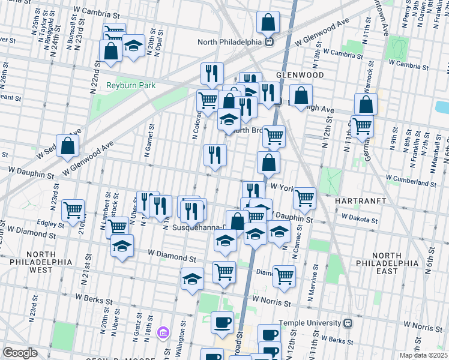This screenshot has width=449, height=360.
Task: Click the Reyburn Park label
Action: point(131,85)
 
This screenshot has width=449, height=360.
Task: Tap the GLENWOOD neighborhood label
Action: point(300,75)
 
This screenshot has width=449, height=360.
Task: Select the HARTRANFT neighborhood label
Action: point(359,197)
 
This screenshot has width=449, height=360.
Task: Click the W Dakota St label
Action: point(360,220)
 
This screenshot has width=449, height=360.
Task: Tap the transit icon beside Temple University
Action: point(347,323)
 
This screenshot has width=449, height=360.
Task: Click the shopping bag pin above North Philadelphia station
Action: point(268,23)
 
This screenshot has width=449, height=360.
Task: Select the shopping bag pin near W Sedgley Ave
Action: point(68,145)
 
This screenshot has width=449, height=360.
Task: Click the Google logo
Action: point(20,353)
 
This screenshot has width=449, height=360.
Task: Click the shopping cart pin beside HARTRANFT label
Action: point(305,197)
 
